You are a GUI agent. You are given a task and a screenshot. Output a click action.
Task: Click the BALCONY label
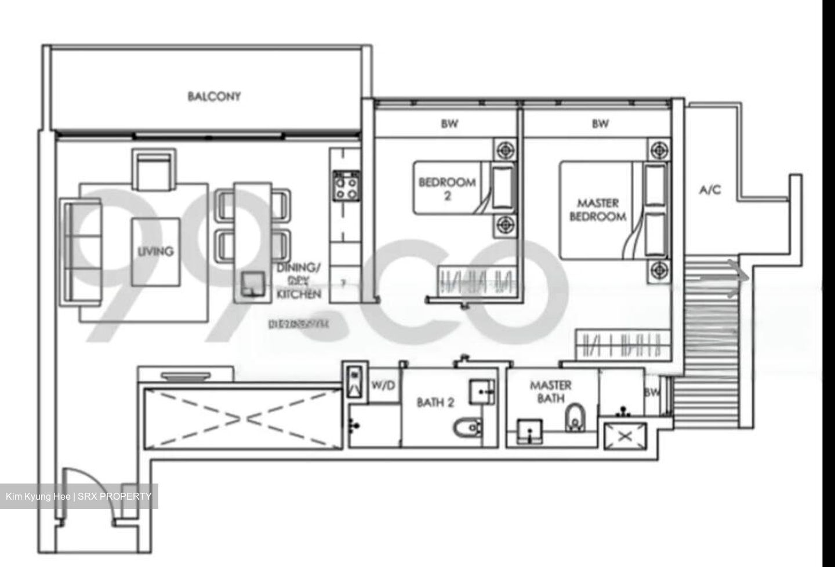click(214, 96)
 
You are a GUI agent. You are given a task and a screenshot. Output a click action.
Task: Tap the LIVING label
click(155, 252)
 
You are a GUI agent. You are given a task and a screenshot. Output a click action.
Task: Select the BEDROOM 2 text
click(447, 189)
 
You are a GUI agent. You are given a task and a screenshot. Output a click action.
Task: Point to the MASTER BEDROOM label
click(598, 210)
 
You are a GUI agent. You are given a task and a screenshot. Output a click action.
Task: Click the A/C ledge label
click(710, 190)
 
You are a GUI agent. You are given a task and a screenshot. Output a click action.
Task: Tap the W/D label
click(382, 384)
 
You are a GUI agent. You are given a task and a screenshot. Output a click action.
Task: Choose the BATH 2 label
click(435, 402)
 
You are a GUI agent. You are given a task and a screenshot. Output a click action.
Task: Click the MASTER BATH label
click(550, 391)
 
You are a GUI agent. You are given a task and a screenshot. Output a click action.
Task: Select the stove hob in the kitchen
click(345, 187)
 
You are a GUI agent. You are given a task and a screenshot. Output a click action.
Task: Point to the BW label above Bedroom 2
click(449, 123)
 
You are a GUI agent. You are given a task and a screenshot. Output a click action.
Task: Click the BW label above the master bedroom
click(600, 123)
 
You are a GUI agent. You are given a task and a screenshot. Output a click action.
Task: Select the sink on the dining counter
click(253, 284)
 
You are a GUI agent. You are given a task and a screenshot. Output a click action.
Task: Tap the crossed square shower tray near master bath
click(625, 437)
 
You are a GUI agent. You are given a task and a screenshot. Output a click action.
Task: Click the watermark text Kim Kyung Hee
click(38, 496)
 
